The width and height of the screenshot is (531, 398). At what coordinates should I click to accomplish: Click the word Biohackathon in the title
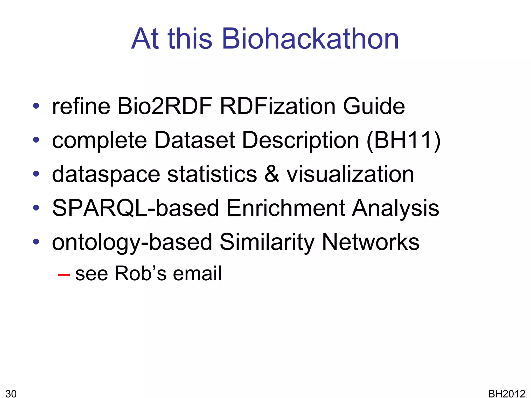(x=310, y=39)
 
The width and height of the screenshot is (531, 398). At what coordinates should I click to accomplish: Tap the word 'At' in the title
(x=145, y=39)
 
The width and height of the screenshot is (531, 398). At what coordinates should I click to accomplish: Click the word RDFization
(x=278, y=106)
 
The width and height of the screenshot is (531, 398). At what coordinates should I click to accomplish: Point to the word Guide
(x=374, y=106)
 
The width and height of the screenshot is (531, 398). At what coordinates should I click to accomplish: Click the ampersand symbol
(x=272, y=174)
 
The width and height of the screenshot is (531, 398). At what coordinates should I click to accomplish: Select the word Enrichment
(x=285, y=208)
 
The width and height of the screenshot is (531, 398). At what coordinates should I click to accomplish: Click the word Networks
(x=371, y=242)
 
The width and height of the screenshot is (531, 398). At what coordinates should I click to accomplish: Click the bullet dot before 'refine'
(x=36, y=106)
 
